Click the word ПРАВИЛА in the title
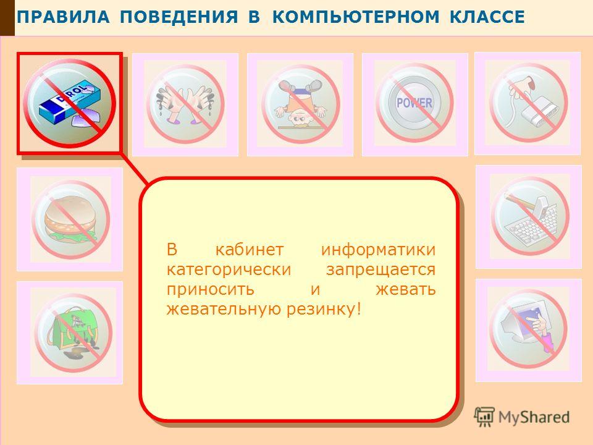pyautogui.click(x=63, y=17)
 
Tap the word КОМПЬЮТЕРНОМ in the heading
pyautogui.click(x=356, y=17)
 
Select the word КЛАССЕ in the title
pyautogui.click(x=487, y=17)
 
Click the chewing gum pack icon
pyautogui.click(x=70, y=103)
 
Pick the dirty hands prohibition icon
pyautogui.click(x=185, y=104)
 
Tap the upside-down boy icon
pyautogui.click(x=300, y=104)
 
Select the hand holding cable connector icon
pyautogui.click(x=528, y=103)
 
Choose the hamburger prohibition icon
pyautogui.click(x=70, y=219)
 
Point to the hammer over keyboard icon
pyautogui.click(x=529, y=216)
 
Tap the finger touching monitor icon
pyautogui.click(x=528, y=329)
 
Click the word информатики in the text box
pyautogui.click(x=378, y=250)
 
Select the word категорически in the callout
pyautogui.click(x=229, y=270)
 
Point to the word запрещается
pyautogui.click(x=381, y=270)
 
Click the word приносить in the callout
pyautogui.click(x=210, y=290)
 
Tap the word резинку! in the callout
pyautogui.click(x=324, y=309)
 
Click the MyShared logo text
pyautogui.click(x=534, y=417)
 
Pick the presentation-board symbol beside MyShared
pyautogui.click(x=484, y=417)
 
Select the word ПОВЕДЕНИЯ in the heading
pyautogui.click(x=179, y=17)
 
